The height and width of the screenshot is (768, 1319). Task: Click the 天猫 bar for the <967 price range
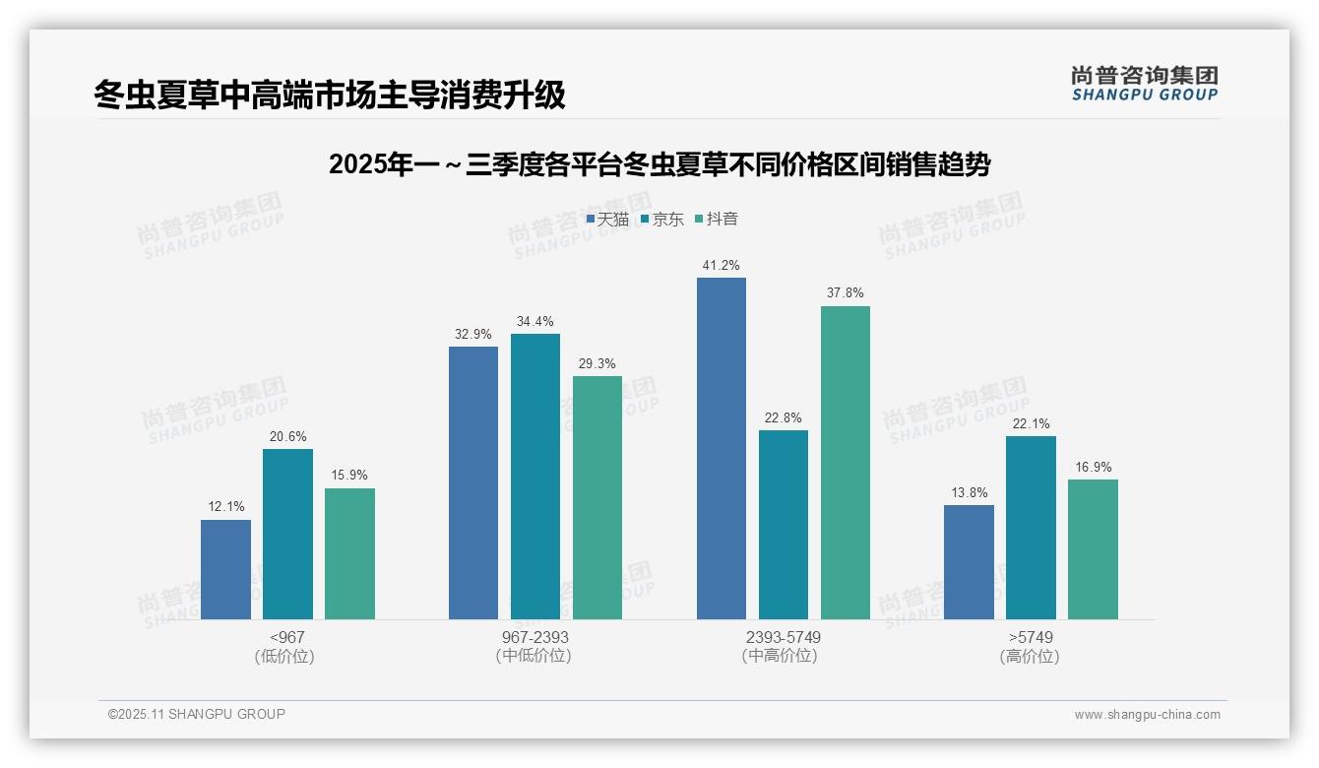pyautogui.click(x=225, y=569)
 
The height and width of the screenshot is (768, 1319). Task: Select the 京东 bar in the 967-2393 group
pyautogui.click(x=534, y=477)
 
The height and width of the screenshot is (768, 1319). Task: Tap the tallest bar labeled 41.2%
pyautogui.click(x=721, y=448)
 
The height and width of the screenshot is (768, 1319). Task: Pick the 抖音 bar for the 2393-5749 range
pyautogui.click(x=845, y=463)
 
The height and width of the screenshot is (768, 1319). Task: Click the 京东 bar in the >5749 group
pyautogui.click(x=1031, y=528)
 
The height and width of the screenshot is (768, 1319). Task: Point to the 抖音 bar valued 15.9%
pyautogui.click(x=349, y=553)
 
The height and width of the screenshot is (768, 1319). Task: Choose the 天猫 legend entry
pyautogui.click(x=607, y=220)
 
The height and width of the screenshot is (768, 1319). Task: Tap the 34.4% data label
pyautogui.click(x=534, y=321)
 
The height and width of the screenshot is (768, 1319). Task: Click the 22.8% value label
pyautogui.click(x=783, y=417)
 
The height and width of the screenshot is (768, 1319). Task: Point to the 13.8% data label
pyautogui.click(x=969, y=492)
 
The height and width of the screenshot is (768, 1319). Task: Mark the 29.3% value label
pyautogui.click(x=597, y=363)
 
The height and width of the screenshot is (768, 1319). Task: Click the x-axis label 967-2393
pyautogui.click(x=534, y=637)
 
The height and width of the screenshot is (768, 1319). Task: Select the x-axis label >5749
pyautogui.click(x=1031, y=637)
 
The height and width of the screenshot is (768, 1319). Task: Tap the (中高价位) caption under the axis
pyautogui.click(x=780, y=656)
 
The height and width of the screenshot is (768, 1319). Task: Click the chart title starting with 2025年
pyautogui.click(x=659, y=164)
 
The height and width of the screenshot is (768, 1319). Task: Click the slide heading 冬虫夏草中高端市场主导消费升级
pyautogui.click(x=330, y=95)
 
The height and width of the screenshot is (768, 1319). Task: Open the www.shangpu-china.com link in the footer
pyautogui.click(x=1147, y=715)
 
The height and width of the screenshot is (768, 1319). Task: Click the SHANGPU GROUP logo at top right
pyautogui.click(x=1144, y=84)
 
